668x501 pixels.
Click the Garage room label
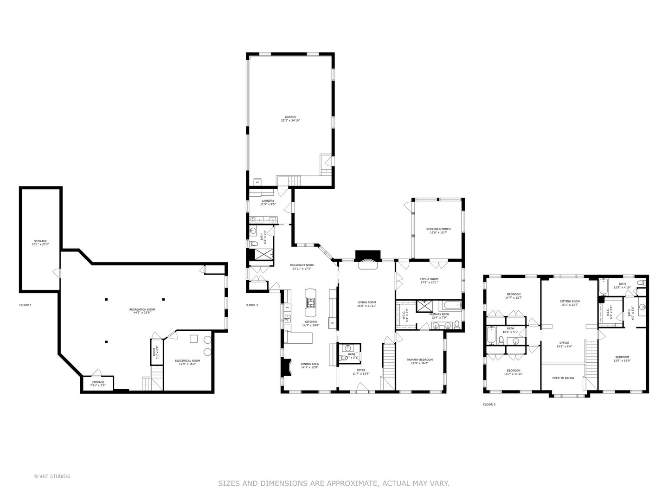290,119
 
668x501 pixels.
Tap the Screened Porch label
438,231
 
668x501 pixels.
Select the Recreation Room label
142,311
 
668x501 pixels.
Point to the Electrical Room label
187,362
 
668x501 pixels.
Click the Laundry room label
268,202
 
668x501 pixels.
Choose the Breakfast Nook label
300,267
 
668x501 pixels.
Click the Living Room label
366,304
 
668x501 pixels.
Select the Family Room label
429,281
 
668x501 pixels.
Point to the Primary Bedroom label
419,361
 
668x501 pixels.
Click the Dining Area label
309,366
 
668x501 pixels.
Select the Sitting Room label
570,303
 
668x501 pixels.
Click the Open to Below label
563,378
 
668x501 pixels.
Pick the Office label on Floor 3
564,344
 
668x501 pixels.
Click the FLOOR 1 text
25,305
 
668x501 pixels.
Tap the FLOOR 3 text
489,405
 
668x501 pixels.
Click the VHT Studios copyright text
52,476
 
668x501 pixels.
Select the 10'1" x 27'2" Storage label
40,243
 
